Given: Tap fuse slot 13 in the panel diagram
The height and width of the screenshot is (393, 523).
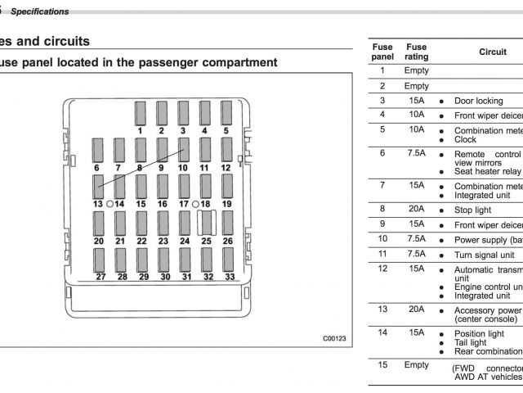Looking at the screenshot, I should [98, 186].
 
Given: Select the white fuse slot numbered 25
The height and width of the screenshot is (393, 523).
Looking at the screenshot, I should [206, 223].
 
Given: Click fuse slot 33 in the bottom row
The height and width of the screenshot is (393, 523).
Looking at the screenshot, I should [229, 260].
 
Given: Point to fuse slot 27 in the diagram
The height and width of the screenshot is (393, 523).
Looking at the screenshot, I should [100, 260].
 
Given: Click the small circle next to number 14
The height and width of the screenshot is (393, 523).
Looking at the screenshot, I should [110, 203].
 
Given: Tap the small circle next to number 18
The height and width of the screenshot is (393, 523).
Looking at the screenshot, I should [195, 203].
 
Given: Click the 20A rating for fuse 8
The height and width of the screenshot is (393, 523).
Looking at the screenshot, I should [417, 210].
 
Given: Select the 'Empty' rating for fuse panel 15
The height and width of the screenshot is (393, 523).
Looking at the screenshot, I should [417, 364].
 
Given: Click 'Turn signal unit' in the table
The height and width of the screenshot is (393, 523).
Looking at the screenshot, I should [487, 255].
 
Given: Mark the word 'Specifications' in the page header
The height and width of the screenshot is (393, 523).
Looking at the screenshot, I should [39, 11].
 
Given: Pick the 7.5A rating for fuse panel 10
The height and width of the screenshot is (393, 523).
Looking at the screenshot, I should [417, 239].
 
